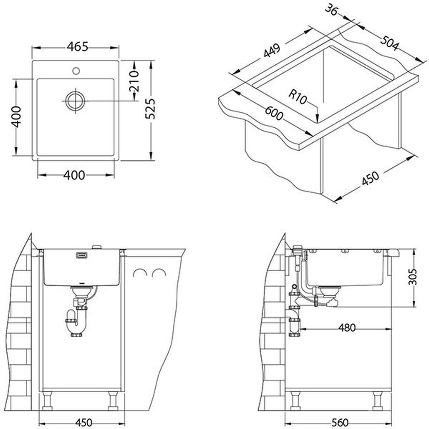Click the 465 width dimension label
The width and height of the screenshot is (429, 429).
78,47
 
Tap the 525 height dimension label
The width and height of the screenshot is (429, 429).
150,109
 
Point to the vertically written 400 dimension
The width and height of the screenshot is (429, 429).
16,117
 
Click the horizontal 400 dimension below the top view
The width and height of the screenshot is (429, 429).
74,175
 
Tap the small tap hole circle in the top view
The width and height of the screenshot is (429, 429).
76,71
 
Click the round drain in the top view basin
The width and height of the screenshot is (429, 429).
75,101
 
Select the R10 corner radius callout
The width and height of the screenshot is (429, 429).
298,98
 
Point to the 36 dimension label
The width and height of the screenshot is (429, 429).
331,11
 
